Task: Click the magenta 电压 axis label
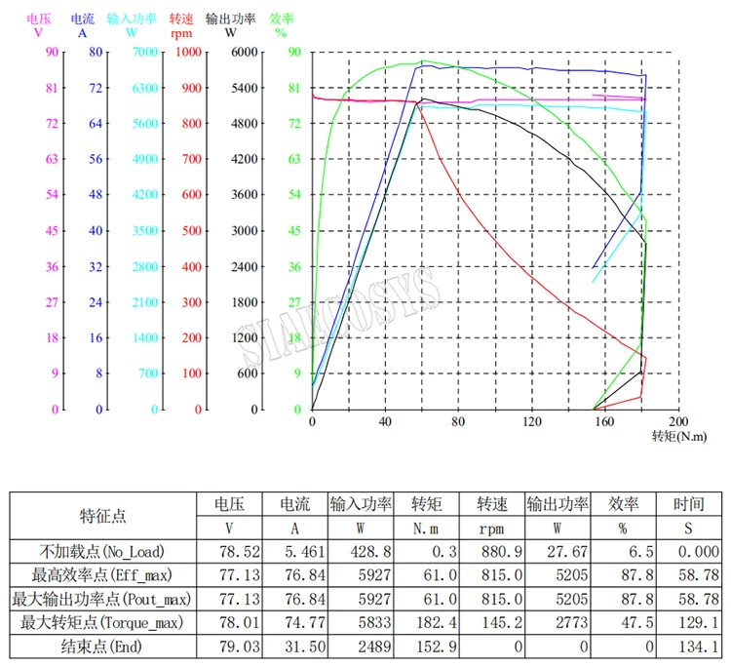pos(39,19)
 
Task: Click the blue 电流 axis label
pos(83,19)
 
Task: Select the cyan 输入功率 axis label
pos(131,19)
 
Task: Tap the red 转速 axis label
pos(180,19)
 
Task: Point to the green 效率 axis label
pos(282,19)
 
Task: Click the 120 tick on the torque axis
pos(531,422)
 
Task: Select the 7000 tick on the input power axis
pos(144,52)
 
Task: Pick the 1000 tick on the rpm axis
pos(189,52)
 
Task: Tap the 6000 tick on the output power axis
pos(244,52)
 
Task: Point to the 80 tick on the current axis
pos(96,52)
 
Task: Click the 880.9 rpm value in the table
pos(492,551)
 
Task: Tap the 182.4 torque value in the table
pos(426,621)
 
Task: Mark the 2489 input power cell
pos(361,645)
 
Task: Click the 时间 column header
pos(689,504)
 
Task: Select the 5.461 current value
pos(294,551)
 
